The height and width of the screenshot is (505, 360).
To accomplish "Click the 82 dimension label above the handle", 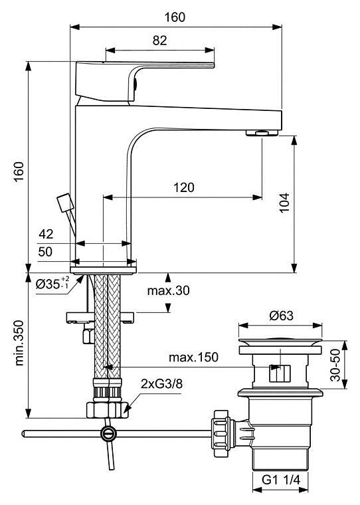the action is pyautogui.click(x=159, y=41).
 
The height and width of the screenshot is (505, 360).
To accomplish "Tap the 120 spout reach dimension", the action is pyautogui.click(x=184, y=187).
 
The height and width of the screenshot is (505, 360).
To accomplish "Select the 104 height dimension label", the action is pyautogui.click(x=284, y=203).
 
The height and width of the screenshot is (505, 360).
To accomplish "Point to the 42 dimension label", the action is pyautogui.click(x=46, y=234).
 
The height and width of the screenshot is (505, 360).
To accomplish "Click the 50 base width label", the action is pyautogui.click(x=45, y=252).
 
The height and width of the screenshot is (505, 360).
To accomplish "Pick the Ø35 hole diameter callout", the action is pyautogui.click(x=52, y=283).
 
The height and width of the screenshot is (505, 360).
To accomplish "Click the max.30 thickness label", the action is pyautogui.click(x=169, y=290).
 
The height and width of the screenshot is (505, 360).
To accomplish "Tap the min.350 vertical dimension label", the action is pyautogui.click(x=19, y=343).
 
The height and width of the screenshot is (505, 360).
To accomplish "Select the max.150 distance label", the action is pyautogui.click(x=193, y=357).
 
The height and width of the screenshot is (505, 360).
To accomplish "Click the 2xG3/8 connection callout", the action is pyautogui.click(x=161, y=384).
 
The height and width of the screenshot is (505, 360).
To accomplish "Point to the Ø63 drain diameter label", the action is pyautogui.click(x=282, y=316).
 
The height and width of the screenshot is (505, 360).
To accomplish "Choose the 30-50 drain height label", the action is pyautogui.click(x=335, y=365).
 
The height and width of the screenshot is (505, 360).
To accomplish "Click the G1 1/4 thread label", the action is pyautogui.click(x=280, y=480).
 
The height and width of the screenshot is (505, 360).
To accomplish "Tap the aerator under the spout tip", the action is pyautogui.click(x=262, y=133).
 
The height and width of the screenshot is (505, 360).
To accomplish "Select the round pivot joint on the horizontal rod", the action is pyautogui.click(x=108, y=433).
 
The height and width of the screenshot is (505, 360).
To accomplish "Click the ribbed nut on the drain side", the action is pyautogui.click(x=223, y=430).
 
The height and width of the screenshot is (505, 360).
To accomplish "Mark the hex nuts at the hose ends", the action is pyautogui.click(x=108, y=410).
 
